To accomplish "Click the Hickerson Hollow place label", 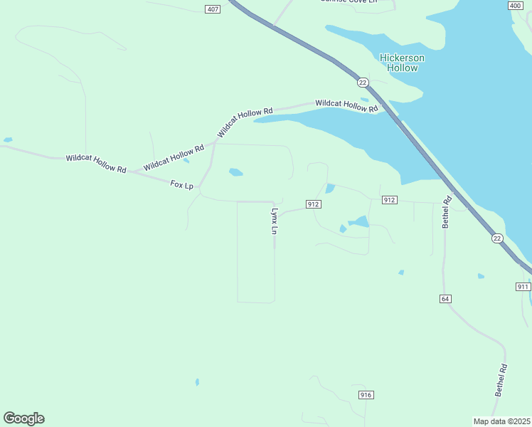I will click(402, 63).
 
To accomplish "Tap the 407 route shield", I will click(212, 9).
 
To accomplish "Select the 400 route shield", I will click(516, 6).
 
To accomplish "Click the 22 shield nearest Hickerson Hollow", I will click(363, 83).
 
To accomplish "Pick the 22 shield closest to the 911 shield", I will click(496, 238).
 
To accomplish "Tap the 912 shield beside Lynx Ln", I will click(314, 204).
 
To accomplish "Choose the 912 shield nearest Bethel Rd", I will click(388, 200).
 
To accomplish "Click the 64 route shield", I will click(445, 299).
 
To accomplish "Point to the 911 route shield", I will click(523, 286).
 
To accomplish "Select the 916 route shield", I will click(366, 395).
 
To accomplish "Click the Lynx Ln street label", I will click(273, 221).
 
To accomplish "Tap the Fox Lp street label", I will click(182, 185).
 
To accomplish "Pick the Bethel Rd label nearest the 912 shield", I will click(447, 212).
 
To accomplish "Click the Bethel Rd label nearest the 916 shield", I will click(501, 380).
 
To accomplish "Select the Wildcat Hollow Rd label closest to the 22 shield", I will click(346, 105).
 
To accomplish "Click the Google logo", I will click(23, 418).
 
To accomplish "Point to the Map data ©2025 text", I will click(501, 421).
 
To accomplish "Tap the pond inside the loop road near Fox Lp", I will click(235, 172).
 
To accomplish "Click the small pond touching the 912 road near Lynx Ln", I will click(330, 189).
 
